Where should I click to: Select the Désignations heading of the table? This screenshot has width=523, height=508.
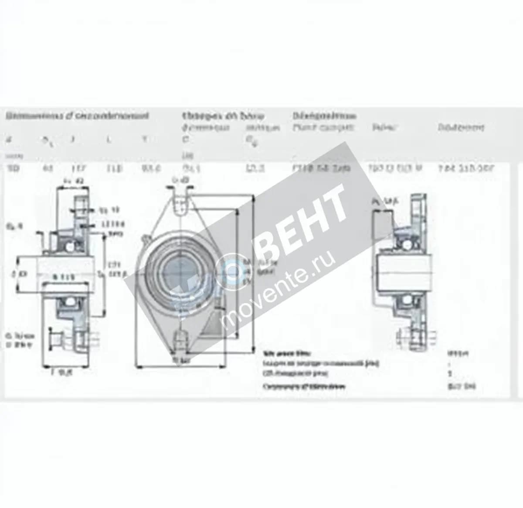tap(324, 116)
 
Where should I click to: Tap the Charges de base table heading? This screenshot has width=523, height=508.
tap(223, 116)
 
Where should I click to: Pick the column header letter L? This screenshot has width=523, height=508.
tap(109, 140)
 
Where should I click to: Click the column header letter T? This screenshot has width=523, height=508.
tap(145, 140)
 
